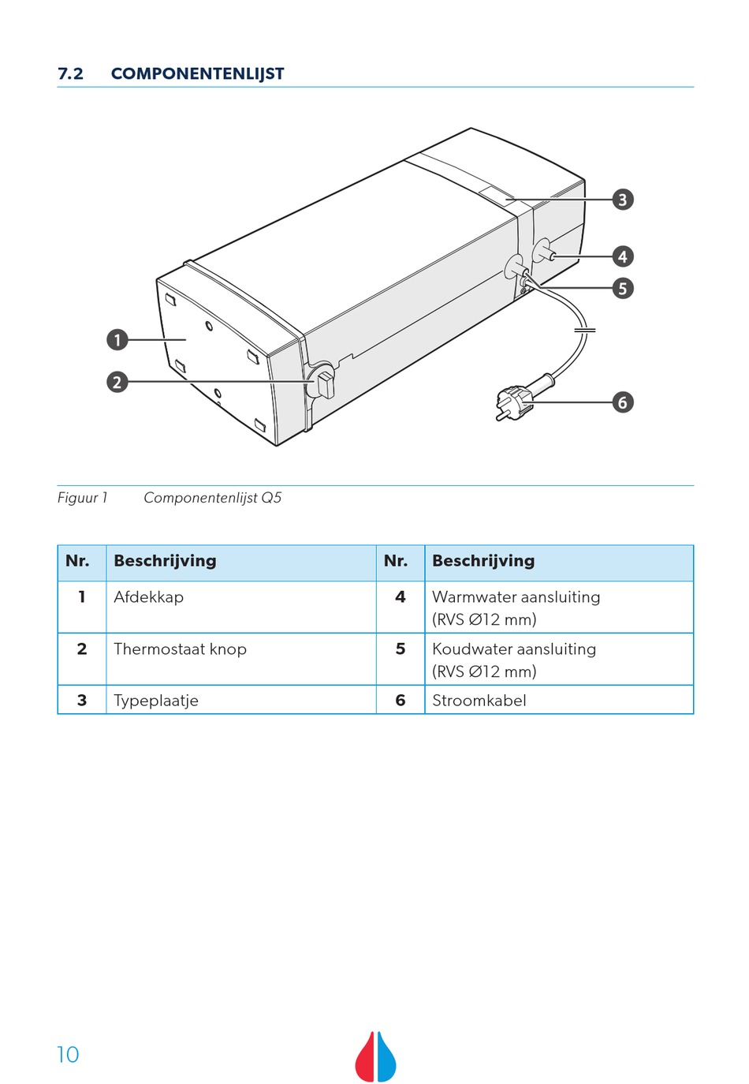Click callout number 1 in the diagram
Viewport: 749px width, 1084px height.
click(x=117, y=340)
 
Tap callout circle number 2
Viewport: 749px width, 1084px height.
click(x=117, y=382)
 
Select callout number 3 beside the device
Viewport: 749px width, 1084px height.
click(x=623, y=200)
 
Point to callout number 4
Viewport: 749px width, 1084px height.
click(x=623, y=256)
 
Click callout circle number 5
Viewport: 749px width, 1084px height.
click(x=623, y=288)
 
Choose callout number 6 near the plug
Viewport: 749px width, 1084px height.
click(x=623, y=402)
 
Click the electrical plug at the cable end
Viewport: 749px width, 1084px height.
click(x=513, y=402)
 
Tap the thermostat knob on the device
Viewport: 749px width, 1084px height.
click(x=323, y=383)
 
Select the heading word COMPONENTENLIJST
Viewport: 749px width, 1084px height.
click(x=197, y=73)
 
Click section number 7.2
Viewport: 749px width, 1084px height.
click(x=70, y=73)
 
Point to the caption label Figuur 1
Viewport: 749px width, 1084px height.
click(x=82, y=498)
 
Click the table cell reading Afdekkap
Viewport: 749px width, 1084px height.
click(x=148, y=597)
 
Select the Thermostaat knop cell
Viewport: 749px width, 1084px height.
click(x=180, y=649)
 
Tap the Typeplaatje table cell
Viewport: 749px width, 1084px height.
click(x=156, y=701)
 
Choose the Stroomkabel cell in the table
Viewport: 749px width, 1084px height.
click(x=479, y=701)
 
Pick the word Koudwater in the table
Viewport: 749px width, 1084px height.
click(x=471, y=649)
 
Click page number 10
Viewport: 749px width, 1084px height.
click(x=68, y=1055)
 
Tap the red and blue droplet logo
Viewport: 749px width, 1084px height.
click(x=375, y=1056)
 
